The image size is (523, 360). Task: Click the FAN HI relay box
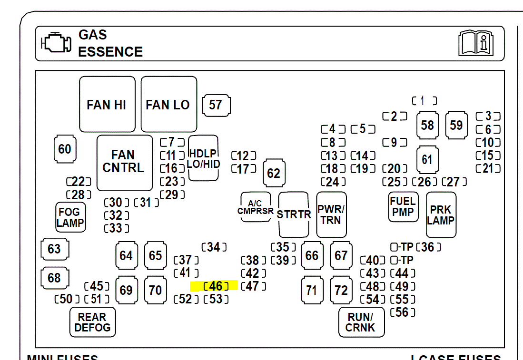(x=107, y=105)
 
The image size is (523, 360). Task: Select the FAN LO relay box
(x=168, y=105)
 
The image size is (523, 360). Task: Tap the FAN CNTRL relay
(x=124, y=162)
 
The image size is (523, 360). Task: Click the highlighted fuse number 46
(x=216, y=286)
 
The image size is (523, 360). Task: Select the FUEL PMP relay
(x=403, y=206)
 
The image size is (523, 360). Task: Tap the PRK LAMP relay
(x=441, y=214)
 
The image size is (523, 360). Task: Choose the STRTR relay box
(x=294, y=214)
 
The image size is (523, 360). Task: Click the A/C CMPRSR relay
(x=256, y=207)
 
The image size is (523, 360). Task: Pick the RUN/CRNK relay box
(x=361, y=322)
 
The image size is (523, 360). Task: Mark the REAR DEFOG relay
(x=92, y=322)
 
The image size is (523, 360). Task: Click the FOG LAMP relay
(x=70, y=217)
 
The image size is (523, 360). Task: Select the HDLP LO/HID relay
(x=204, y=158)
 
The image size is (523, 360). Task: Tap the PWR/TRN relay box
(x=331, y=214)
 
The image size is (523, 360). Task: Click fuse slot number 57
(x=216, y=105)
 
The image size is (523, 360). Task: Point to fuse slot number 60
(x=65, y=149)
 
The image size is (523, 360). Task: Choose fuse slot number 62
(x=274, y=173)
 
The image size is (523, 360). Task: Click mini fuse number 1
(x=424, y=101)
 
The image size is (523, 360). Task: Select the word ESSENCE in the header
(x=110, y=51)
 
